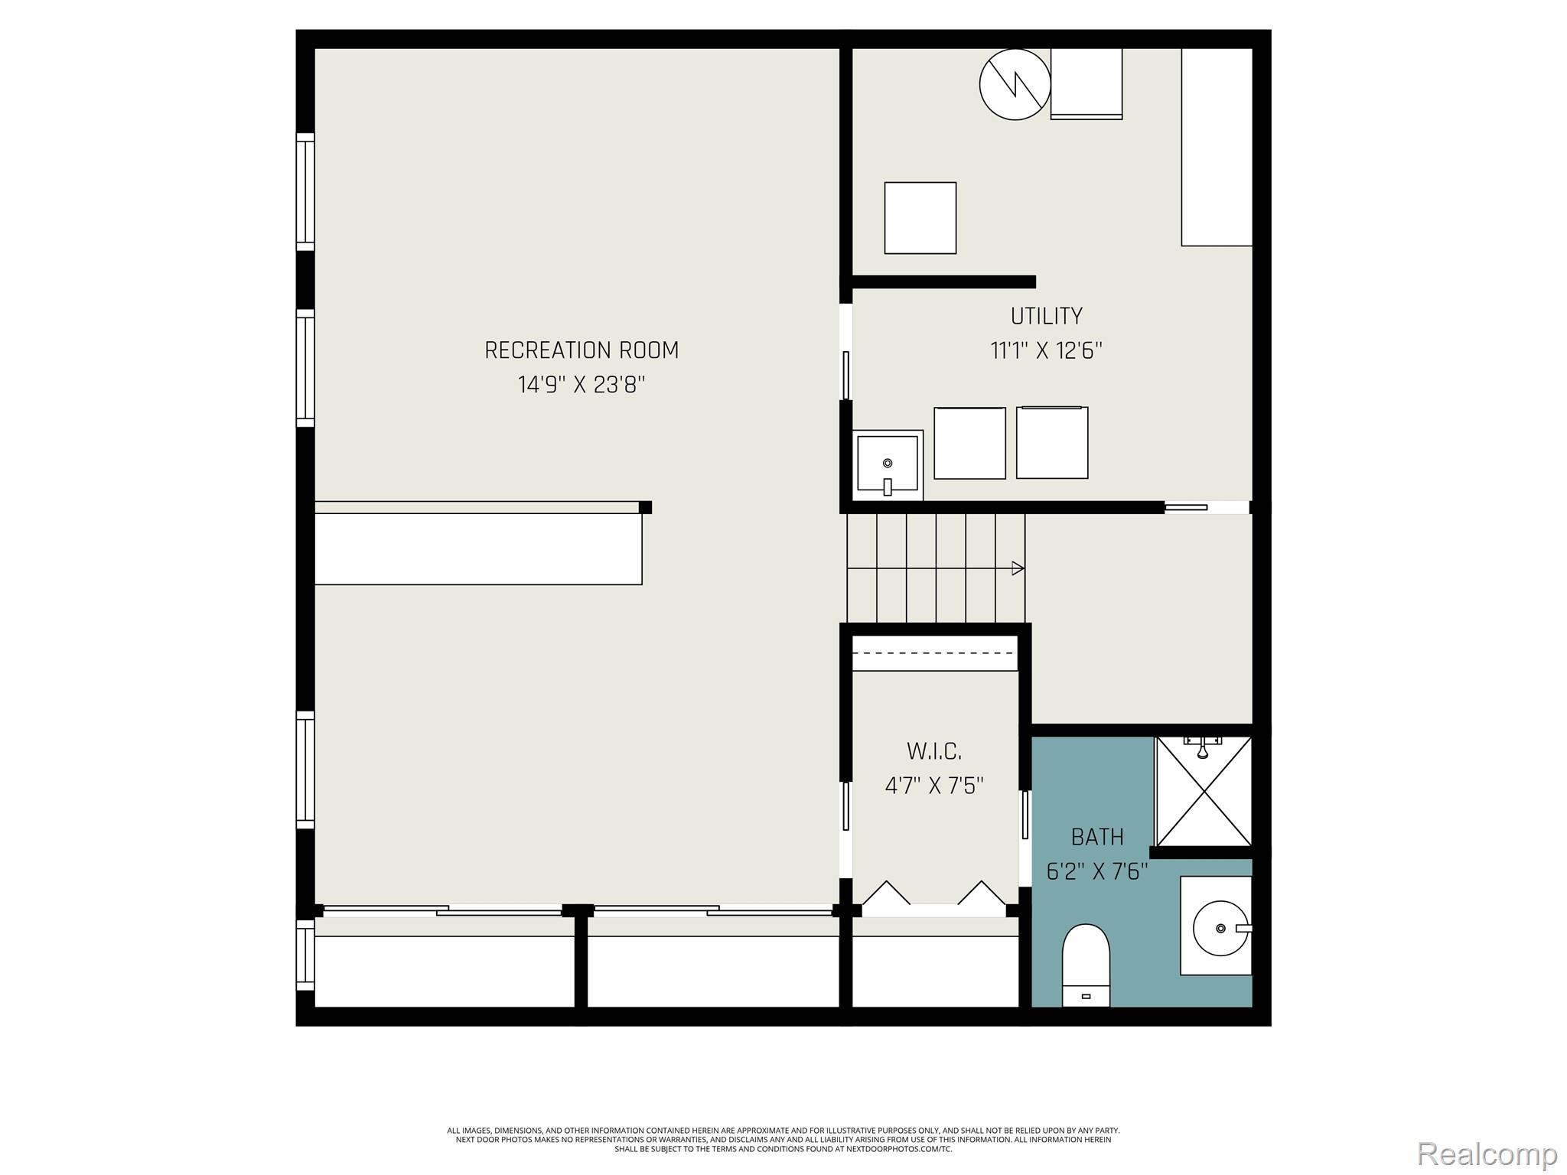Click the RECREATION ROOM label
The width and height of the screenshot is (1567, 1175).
pyautogui.click(x=582, y=350)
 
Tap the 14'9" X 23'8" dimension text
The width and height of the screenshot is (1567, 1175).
pyautogui.click(x=582, y=384)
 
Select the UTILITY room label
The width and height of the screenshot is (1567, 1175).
pyautogui.click(x=1046, y=316)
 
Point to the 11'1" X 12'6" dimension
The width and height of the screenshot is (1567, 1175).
pyautogui.click(x=1046, y=351)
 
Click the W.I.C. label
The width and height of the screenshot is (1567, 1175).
pyautogui.click(x=933, y=751)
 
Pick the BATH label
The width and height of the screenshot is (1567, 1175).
pyautogui.click(x=1097, y=837)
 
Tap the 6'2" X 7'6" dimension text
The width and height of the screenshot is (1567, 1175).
pyautogui.click(x=1097, y=871)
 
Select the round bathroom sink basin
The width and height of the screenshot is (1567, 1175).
pyautogui.click(x=1220, y=928)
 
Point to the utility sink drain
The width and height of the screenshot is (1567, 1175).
pyautogui.click(x=888, y=464)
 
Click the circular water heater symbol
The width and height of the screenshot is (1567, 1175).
pyautogui.click(x=1015, y=84)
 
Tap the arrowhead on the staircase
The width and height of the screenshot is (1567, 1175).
pyautogui.click(x=1018, y=568)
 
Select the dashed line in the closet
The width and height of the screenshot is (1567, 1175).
pyautogui.click(x=935, y=653)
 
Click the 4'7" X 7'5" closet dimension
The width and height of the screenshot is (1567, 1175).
pyautogui.click(x=933, y=786)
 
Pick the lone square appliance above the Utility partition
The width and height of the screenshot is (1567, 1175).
pyautogui.click(x=920, y=218)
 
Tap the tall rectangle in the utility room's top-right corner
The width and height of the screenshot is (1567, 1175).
pyautogui.click(x=1217, y=147)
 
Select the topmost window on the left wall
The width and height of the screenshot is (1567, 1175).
pyautogui.click(x=305, y=191)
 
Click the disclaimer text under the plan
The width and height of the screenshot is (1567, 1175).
pyautogui.click(x=783, y=1139)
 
